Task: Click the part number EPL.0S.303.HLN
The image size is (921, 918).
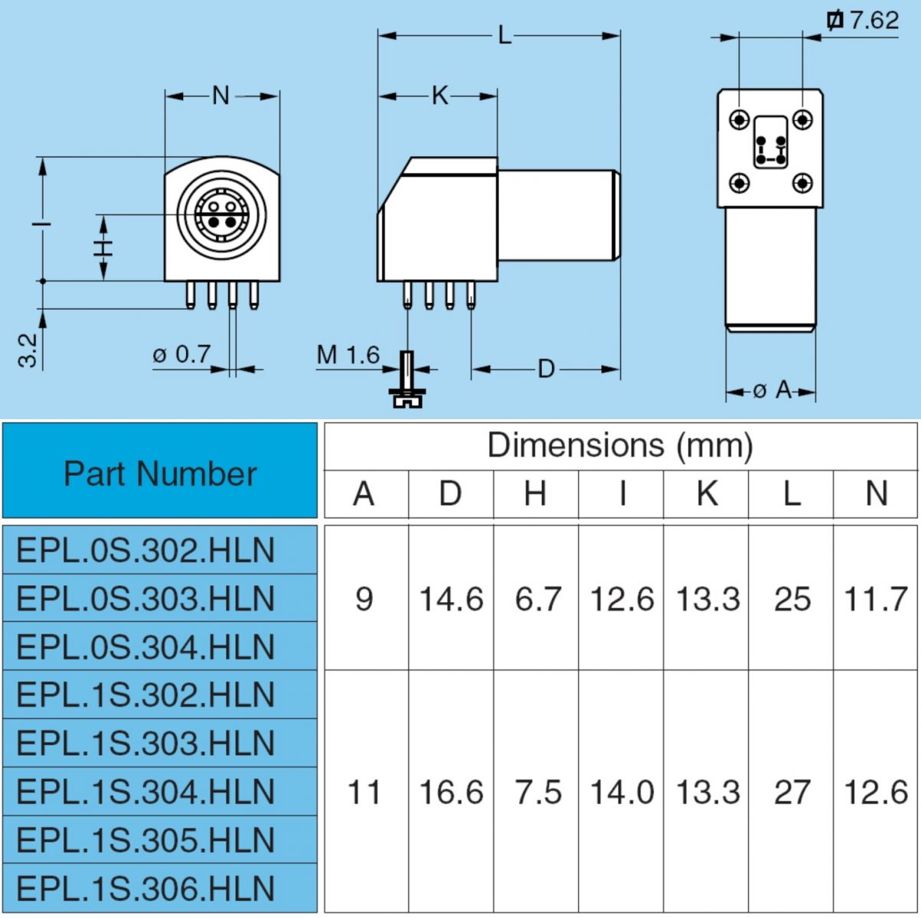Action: (145, 598)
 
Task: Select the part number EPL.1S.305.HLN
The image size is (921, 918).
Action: (145, 840)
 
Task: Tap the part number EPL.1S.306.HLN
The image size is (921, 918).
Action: (145, 888)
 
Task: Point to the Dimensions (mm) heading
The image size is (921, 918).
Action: (620, 445)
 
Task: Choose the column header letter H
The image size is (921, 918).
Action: (535, 494)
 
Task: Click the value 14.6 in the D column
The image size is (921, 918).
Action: (451, 598)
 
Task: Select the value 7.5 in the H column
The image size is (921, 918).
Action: (537, 792)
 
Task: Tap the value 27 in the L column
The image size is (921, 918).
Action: (792, 792)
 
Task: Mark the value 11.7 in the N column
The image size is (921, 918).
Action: (876, 598)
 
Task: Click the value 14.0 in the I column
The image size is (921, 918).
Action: (622, 792)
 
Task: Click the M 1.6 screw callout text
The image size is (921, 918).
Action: (348, 355)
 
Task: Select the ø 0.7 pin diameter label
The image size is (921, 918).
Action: (181, 355)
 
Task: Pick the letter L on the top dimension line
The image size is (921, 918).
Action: (504, 34)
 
